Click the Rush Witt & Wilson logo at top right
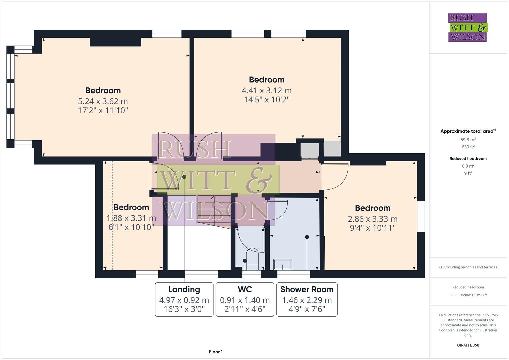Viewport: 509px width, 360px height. (467, 28)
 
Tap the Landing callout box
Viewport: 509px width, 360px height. (184, 299)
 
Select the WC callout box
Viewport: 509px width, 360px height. (245, 299)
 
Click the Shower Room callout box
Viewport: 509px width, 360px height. (307, 299)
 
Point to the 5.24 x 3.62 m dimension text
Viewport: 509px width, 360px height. (103, 101)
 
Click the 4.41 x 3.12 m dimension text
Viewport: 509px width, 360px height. (266, 90)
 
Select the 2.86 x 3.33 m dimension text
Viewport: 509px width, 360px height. (372, 219)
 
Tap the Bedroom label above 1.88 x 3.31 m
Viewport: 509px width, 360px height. (131, 207)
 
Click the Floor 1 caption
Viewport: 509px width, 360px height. (216, 352)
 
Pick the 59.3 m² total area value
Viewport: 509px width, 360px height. (468, 140)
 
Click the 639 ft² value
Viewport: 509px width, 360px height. (468, 147)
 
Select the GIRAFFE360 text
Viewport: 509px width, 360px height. (468, 345)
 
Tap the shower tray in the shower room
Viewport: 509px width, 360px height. (283, 265)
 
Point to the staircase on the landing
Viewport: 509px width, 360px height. (213, 208)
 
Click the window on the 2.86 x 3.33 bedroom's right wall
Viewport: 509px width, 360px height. (421, 216)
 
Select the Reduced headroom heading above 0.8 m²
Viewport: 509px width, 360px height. (468, 159)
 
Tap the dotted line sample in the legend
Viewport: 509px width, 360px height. (454, 295)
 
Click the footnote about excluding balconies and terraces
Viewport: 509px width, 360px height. (468, 267)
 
